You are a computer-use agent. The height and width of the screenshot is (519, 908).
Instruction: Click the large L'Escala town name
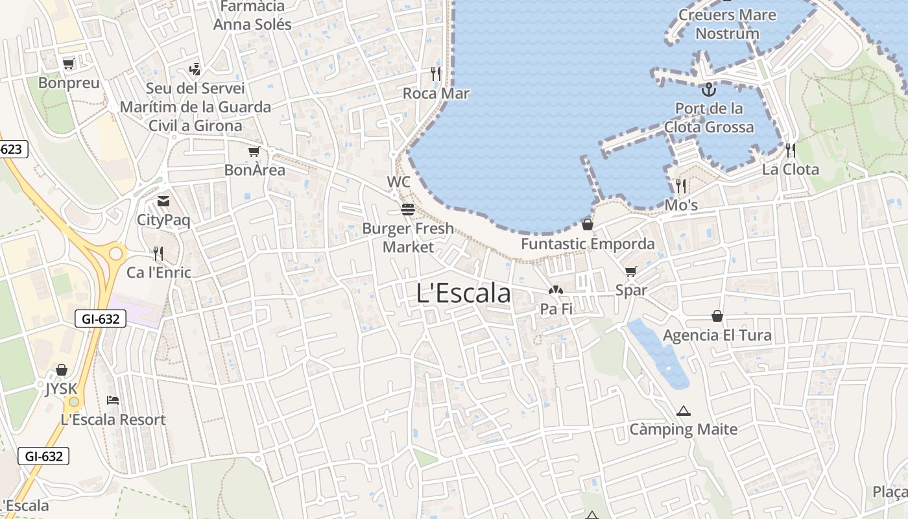point(463,293)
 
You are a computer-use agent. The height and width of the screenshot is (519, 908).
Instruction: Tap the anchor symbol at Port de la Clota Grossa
point(708,89)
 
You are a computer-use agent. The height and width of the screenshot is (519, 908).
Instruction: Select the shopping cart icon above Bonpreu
point(68,64)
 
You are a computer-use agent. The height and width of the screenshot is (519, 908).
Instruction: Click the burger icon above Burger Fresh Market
point(408,210)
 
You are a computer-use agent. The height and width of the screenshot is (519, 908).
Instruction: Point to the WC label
point(399,182)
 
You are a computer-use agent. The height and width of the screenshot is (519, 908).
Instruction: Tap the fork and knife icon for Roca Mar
point(436,74)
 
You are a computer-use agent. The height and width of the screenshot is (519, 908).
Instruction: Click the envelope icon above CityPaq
point(163,201)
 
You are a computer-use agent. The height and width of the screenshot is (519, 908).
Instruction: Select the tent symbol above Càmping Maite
point(683,411)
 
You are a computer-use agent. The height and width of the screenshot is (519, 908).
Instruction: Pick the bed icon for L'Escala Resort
point(113,400)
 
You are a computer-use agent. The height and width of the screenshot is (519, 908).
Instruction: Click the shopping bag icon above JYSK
point(61,370)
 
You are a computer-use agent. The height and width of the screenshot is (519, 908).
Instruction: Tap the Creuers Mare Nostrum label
point(727,24)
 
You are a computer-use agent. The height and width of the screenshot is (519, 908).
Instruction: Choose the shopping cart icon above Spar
point(630,271)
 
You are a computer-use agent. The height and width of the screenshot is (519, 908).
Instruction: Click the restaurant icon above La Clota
point(790,151)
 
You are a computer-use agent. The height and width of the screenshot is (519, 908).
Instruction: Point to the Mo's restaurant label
point(681,206)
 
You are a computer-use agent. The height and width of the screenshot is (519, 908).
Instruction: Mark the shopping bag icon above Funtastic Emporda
point(587,224)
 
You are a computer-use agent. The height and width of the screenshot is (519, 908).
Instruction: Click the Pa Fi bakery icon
point(556,291)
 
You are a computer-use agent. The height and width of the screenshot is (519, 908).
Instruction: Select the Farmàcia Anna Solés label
point(252,16)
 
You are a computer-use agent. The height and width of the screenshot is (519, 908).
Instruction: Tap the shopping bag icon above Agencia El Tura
point(717,316)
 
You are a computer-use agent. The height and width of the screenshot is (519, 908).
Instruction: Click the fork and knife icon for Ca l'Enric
point(158,253)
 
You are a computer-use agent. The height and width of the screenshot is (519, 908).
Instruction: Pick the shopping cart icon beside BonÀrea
point(254,152)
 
